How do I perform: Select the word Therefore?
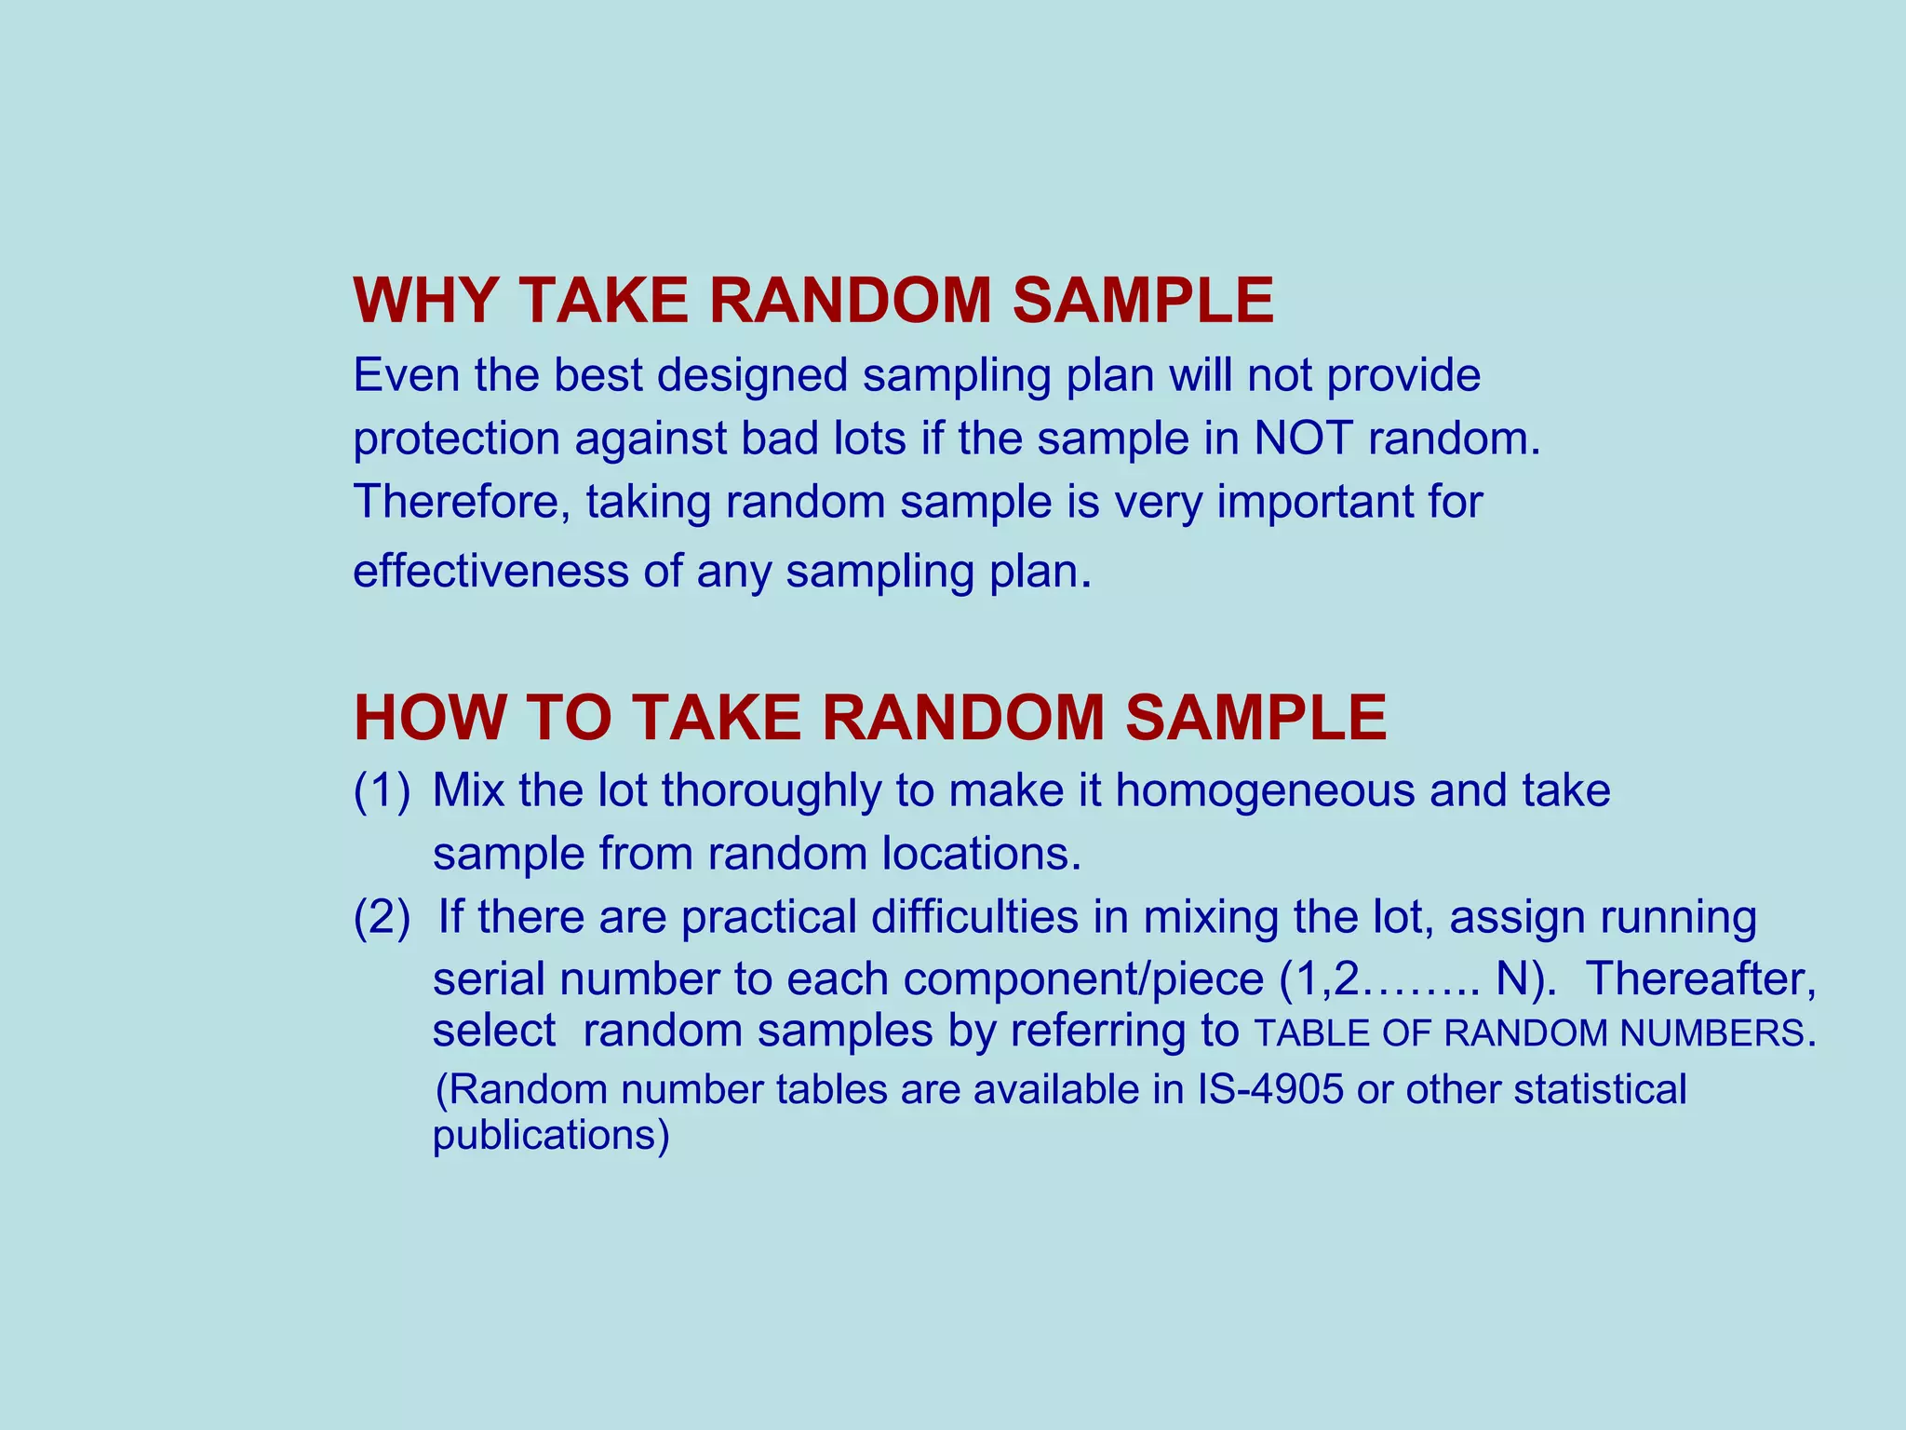click(x=462, y=502)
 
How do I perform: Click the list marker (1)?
click(x=382, y=790)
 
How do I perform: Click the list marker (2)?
click(x=382, y=917)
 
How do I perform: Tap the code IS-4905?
click(x=1269, y=1089)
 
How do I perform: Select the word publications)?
click(x=551, y=1136)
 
